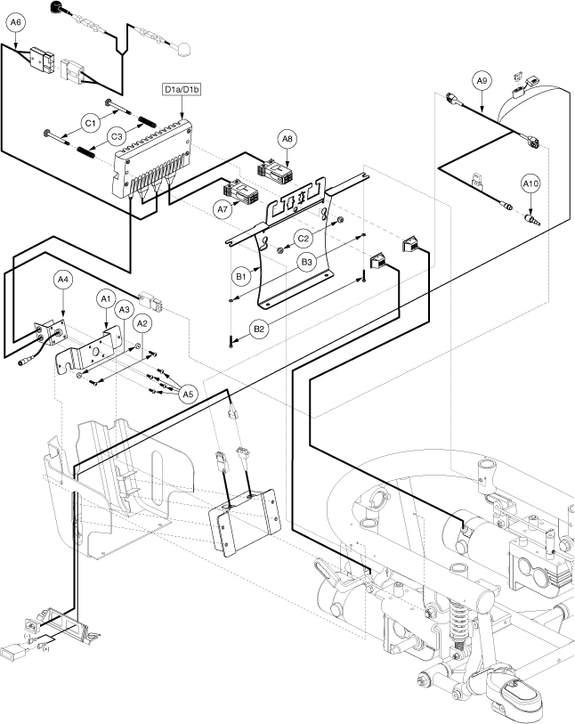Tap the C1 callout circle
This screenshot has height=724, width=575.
90,122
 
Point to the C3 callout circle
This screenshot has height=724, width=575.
117,135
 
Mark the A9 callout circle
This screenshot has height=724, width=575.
482,81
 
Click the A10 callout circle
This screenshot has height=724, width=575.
530,184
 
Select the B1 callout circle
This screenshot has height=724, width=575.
240,277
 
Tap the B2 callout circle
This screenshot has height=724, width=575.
259,329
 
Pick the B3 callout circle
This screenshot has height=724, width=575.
307,262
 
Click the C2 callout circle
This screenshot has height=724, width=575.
304,239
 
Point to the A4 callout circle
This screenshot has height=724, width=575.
62,280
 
